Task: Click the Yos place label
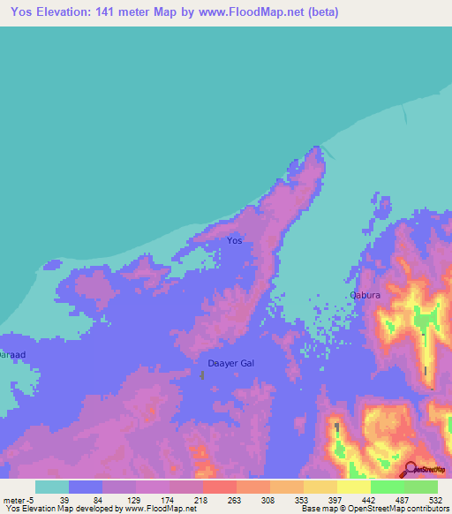[234, 240]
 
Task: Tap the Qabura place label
[365, 297]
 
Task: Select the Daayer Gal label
[230, 363]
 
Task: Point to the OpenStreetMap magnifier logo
[411, 470]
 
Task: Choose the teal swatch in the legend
[52, 487]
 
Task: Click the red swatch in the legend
[219, 487]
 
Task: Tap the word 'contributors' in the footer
[420, 508]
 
